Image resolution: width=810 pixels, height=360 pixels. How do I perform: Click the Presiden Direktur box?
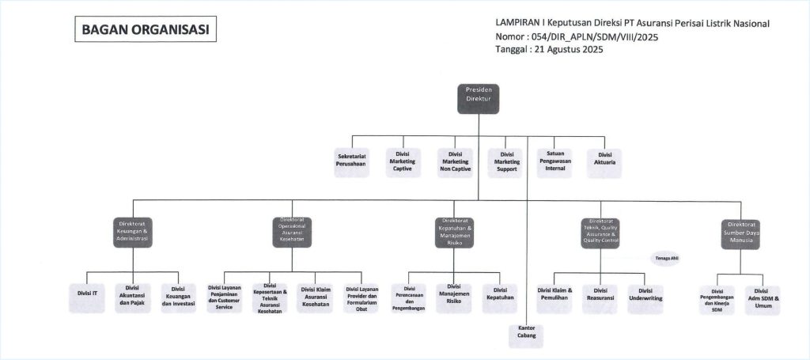pos(479,98)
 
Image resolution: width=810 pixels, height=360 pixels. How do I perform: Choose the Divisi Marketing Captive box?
pos(403,163)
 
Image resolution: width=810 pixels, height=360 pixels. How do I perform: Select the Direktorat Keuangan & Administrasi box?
pos(132,231)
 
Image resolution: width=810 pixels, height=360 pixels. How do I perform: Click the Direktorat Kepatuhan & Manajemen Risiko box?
pos(456,230)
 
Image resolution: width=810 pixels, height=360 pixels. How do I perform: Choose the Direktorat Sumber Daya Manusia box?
pos(741,230)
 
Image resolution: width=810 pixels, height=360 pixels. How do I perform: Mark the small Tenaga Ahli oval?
pos(666,259)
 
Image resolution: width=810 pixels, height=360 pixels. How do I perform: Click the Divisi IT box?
pos(88,294)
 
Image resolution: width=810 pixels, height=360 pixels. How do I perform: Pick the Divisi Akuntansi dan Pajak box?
pos(132,297)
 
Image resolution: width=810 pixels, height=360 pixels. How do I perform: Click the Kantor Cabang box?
pos(528,332)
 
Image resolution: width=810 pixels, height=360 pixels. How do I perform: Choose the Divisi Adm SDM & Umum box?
pos(763,297)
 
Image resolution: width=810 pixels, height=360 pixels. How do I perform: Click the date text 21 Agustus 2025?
pos(566,50)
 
